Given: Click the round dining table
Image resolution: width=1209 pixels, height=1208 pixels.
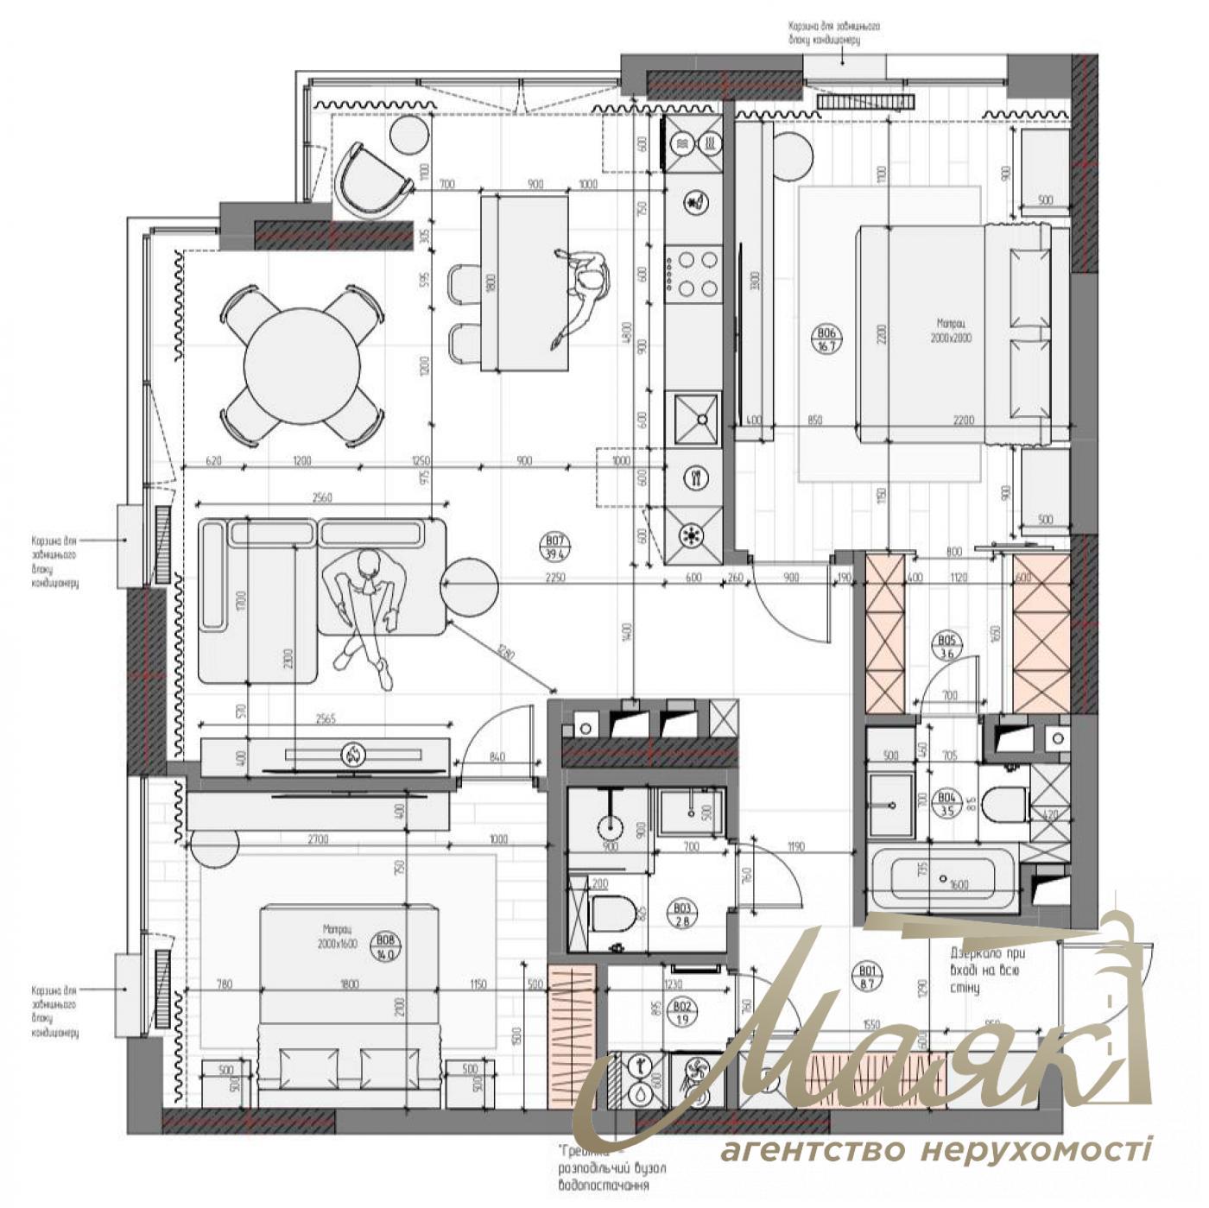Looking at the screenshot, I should [301, 366].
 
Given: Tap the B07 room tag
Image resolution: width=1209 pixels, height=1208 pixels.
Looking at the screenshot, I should [555, 549].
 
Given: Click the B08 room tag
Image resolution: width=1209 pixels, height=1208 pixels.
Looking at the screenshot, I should [386, 947].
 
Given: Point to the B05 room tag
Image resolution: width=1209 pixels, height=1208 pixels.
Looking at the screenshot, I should [947, 647].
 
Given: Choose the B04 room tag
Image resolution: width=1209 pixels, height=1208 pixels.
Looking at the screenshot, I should [947, 804].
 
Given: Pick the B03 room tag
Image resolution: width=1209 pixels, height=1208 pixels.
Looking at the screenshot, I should [683, 914].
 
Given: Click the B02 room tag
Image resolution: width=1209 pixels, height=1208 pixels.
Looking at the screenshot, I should [682, 1013].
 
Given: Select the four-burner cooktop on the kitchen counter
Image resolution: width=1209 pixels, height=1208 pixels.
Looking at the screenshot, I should [693, 273].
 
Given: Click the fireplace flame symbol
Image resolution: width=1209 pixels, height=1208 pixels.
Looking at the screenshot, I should [354, 756].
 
